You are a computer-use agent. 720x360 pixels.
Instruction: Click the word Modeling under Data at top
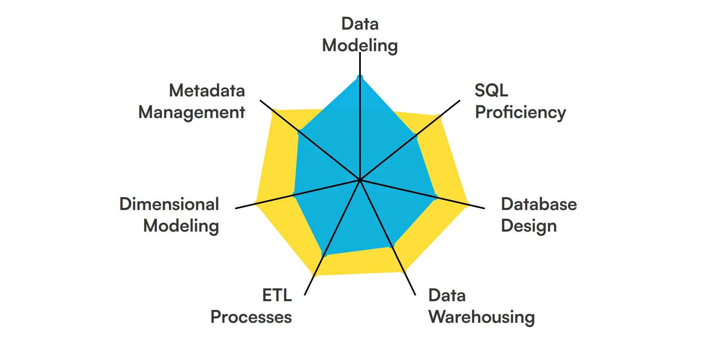click(360, 46)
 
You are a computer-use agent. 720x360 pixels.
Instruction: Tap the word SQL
click(491, 90)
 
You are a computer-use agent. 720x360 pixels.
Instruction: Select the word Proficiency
click(520, 112)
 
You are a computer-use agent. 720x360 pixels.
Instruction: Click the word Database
click(538, 204)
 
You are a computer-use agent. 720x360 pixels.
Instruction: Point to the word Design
click(528, 226)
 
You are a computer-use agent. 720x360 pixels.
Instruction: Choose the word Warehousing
click(481, 317)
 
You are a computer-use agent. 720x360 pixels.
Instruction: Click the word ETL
click(277, 296)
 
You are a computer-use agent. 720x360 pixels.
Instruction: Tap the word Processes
click(251, 317)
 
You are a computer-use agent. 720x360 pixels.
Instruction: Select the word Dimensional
click(169, 204)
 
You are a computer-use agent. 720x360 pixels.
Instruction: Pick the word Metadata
click(207, 90)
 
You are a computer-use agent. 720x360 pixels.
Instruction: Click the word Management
click(191, 112)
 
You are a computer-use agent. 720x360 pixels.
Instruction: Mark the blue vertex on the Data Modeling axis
click(360, 77)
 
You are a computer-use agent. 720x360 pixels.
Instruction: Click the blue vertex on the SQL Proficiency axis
click(415, 136)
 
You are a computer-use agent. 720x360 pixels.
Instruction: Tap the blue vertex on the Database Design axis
click(435, 197)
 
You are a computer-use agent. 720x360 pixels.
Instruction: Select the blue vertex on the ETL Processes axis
click(324, 254)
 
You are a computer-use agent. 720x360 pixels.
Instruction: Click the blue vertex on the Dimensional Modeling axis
click(295, 195)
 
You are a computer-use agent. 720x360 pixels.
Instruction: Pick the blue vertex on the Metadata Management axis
click(299, 131)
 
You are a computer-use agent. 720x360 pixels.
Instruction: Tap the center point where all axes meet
click(360, 180)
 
